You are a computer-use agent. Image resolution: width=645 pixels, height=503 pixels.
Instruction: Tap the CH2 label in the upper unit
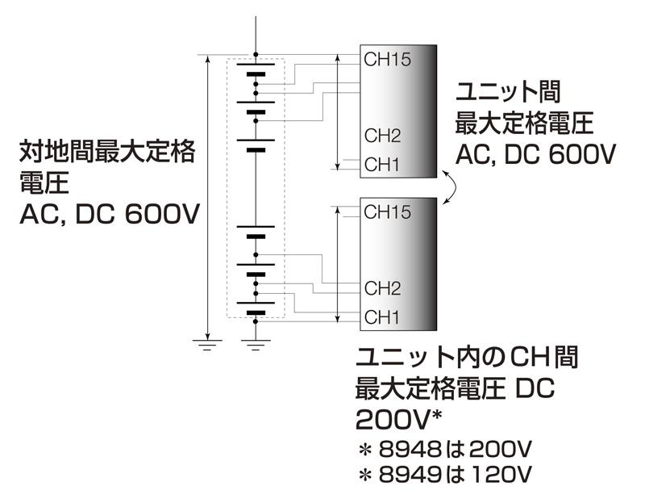click(382, 135)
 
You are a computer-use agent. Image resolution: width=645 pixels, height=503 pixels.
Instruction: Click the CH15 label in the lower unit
click(387, 213)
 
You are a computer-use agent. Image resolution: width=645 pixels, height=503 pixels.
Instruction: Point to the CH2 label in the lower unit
click(382, 287)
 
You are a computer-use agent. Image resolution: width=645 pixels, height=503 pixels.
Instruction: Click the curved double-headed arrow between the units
click(454, 187)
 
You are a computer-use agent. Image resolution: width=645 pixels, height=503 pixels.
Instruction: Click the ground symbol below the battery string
click(256, 345)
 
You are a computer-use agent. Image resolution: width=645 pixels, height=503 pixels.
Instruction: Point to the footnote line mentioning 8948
click(447, 448)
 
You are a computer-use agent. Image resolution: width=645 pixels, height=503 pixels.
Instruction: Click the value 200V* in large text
click(396, 420)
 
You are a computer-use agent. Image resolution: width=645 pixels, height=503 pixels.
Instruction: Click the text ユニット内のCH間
click(466, 357)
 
